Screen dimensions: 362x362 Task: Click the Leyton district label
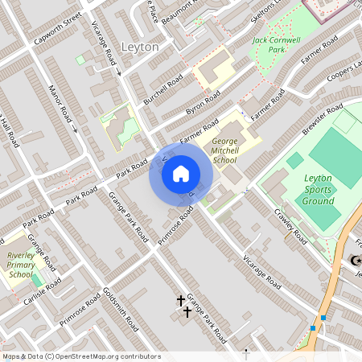click(139, 47)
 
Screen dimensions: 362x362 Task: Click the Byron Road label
click(203, 105)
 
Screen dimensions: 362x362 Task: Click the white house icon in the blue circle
click(181, 172)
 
